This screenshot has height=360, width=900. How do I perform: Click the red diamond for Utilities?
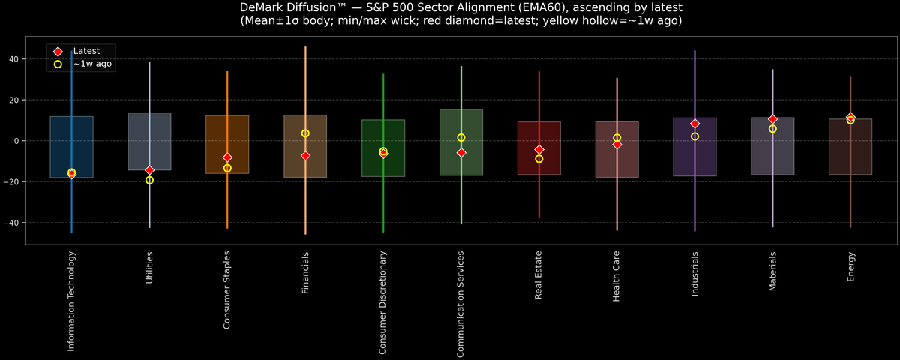(x=149, y=170)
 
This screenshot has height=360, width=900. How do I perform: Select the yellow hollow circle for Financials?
(x=305, y=133)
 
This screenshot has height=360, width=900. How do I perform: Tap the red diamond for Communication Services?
(x=461, y=152)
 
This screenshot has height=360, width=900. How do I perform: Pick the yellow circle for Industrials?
(x=694, y=136)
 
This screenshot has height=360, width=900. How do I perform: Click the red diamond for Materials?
(x=772, y=119)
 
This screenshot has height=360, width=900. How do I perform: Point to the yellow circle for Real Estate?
(x=539, y=159)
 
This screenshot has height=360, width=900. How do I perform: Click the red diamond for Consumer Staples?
(x=227, y=157)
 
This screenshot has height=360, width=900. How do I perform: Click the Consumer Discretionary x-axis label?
(x=383, y=302)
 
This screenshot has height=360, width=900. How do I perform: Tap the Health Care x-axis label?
(x=616, y=277)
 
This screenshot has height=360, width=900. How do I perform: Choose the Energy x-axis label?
(x=850, y=267)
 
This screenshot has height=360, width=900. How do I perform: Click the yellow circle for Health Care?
(x=616, y=138)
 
